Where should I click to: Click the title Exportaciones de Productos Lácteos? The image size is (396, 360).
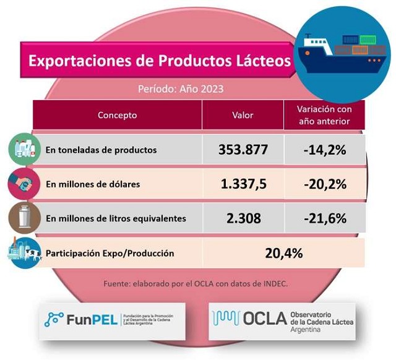tap(160, 61)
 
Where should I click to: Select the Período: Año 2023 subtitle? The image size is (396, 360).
tap(181, 89)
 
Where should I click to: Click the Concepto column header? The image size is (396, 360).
tap(117, 115)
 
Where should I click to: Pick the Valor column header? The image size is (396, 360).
tap(243, 115)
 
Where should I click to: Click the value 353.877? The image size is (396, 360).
tap(243, 150)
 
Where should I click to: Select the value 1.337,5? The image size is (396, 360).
tap(243, 184)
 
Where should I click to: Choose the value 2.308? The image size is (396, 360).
tap(243, 218)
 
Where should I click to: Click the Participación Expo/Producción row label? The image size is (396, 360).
tap(110, 253)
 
